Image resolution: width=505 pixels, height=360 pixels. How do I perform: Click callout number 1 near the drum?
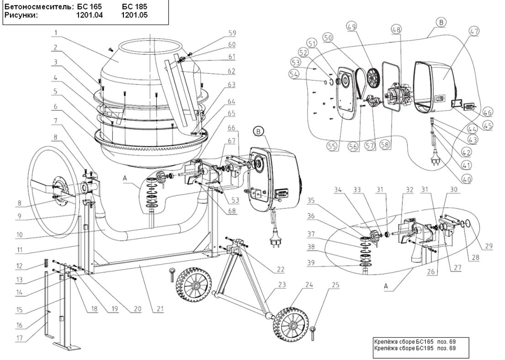55,33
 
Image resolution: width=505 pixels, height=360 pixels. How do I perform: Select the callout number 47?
473,32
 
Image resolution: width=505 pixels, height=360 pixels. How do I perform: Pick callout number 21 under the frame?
159,308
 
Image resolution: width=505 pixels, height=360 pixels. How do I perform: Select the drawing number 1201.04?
90,16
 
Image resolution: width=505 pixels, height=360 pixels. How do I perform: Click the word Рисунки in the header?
21,16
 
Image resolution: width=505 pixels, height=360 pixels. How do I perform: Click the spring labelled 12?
46,264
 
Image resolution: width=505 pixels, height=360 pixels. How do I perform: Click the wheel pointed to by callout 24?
289,325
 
